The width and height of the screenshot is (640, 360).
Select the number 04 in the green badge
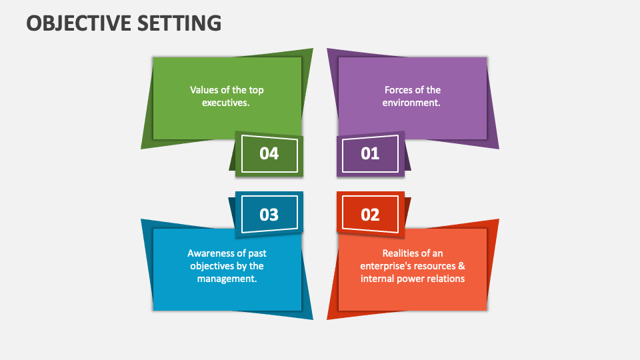click(269, 153)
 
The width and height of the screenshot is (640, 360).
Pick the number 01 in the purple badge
click(370, 153)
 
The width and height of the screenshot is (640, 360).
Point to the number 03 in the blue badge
click(269, 215)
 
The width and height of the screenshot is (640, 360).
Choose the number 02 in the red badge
click(370, 215)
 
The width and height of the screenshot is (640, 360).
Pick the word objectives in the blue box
click(213, 266)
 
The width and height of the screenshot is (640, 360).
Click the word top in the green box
click(257, 90)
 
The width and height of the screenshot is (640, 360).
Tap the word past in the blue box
click(255, 253)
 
